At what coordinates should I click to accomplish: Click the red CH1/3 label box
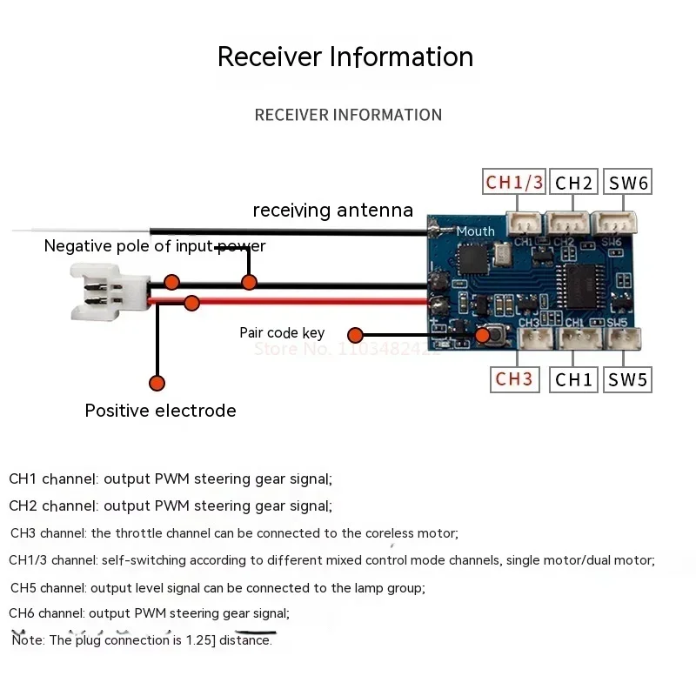click(x=514, y=182)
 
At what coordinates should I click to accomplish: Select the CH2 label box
click(x=574, y=182)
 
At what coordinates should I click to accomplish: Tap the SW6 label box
click(x=627, y=182)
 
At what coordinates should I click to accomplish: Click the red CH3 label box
click(x=514, y=379)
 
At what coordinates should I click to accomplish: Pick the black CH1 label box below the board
click(x=574, y=379)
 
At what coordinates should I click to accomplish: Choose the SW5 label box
click(x=627, y=379)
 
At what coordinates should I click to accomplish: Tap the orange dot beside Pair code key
click(x=355, y=335)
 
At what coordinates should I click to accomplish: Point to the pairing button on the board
click(x=485, y=334)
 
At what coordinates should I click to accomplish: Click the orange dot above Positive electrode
click(x=157, y=383)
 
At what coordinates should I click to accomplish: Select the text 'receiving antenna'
click(x=332, y=211)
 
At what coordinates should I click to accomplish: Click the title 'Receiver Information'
click(x=345, y=57)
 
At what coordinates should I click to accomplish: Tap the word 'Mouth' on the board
click(x=475, y=231)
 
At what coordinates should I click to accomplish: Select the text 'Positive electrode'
click(x=160, y=411)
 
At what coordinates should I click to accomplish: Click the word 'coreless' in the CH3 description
click(x=391, y=533)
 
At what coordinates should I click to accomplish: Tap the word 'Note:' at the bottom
click(x=29, y=641)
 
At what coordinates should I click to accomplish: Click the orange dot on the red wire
click(x=191, y=303)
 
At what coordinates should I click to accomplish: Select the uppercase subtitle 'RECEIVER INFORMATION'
click(x=348, y=115)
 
